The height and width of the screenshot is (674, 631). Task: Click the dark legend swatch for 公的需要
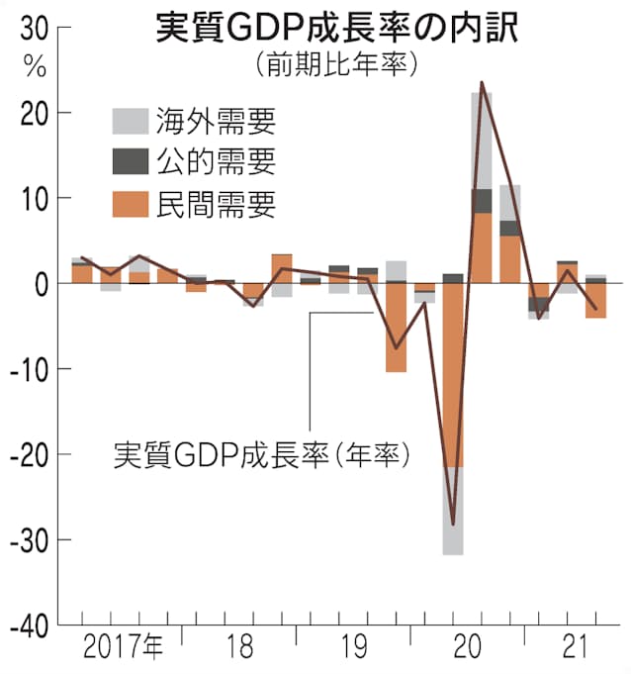pos(129,162)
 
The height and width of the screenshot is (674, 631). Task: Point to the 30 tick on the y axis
pos(32,30)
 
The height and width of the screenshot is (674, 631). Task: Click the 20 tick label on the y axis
pos(32,114)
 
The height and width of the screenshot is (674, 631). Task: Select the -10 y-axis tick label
pos(27,369)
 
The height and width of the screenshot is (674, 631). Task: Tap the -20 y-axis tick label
pos(27,454)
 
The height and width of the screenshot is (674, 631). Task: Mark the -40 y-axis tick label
pos(27,625)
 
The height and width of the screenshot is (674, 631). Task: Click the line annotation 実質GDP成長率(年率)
pos(261,455)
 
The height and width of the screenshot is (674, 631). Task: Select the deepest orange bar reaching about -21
pos(453,376)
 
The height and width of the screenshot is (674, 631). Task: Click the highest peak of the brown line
pos(482,82)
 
